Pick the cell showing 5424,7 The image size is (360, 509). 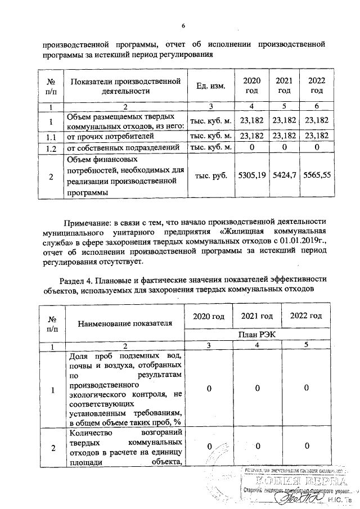pyautogui.click(x=285, y=176)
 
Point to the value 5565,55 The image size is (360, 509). pyautogui.click(x=317, y=176)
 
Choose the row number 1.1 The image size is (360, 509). pyautogui.click(x=51, y=136)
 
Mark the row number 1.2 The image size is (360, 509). pyautogui.click(x=51, y=147)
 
